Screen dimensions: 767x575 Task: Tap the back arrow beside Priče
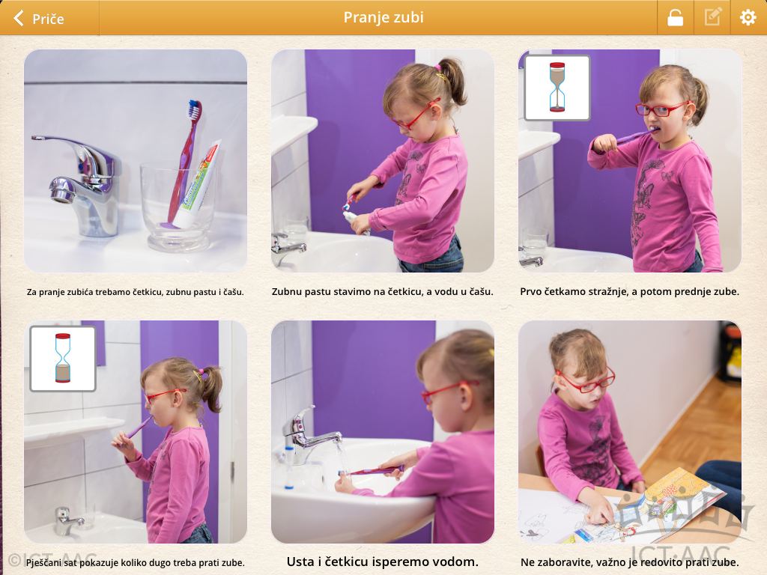19,18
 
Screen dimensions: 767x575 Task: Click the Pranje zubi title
383,18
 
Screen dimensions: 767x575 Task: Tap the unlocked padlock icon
675,18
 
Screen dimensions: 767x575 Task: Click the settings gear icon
748,18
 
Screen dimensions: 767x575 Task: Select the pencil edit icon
713,17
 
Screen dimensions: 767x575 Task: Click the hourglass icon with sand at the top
557,88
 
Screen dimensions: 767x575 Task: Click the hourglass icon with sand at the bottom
63,359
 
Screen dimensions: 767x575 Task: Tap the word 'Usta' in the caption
300,562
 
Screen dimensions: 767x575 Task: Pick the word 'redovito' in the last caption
668,562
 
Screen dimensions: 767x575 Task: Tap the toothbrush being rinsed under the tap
370,472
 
